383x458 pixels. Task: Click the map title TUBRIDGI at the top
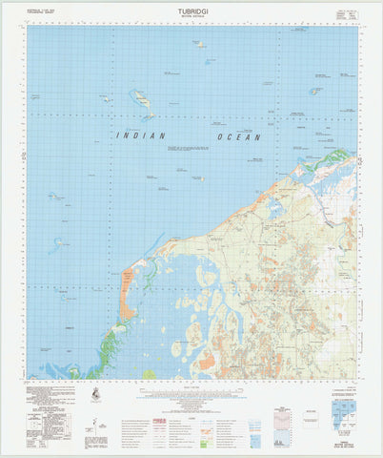coord(191,13)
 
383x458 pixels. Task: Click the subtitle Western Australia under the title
coord(191,21)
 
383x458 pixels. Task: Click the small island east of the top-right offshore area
coord(314,92)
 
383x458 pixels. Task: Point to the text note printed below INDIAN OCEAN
coord(186,150)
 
